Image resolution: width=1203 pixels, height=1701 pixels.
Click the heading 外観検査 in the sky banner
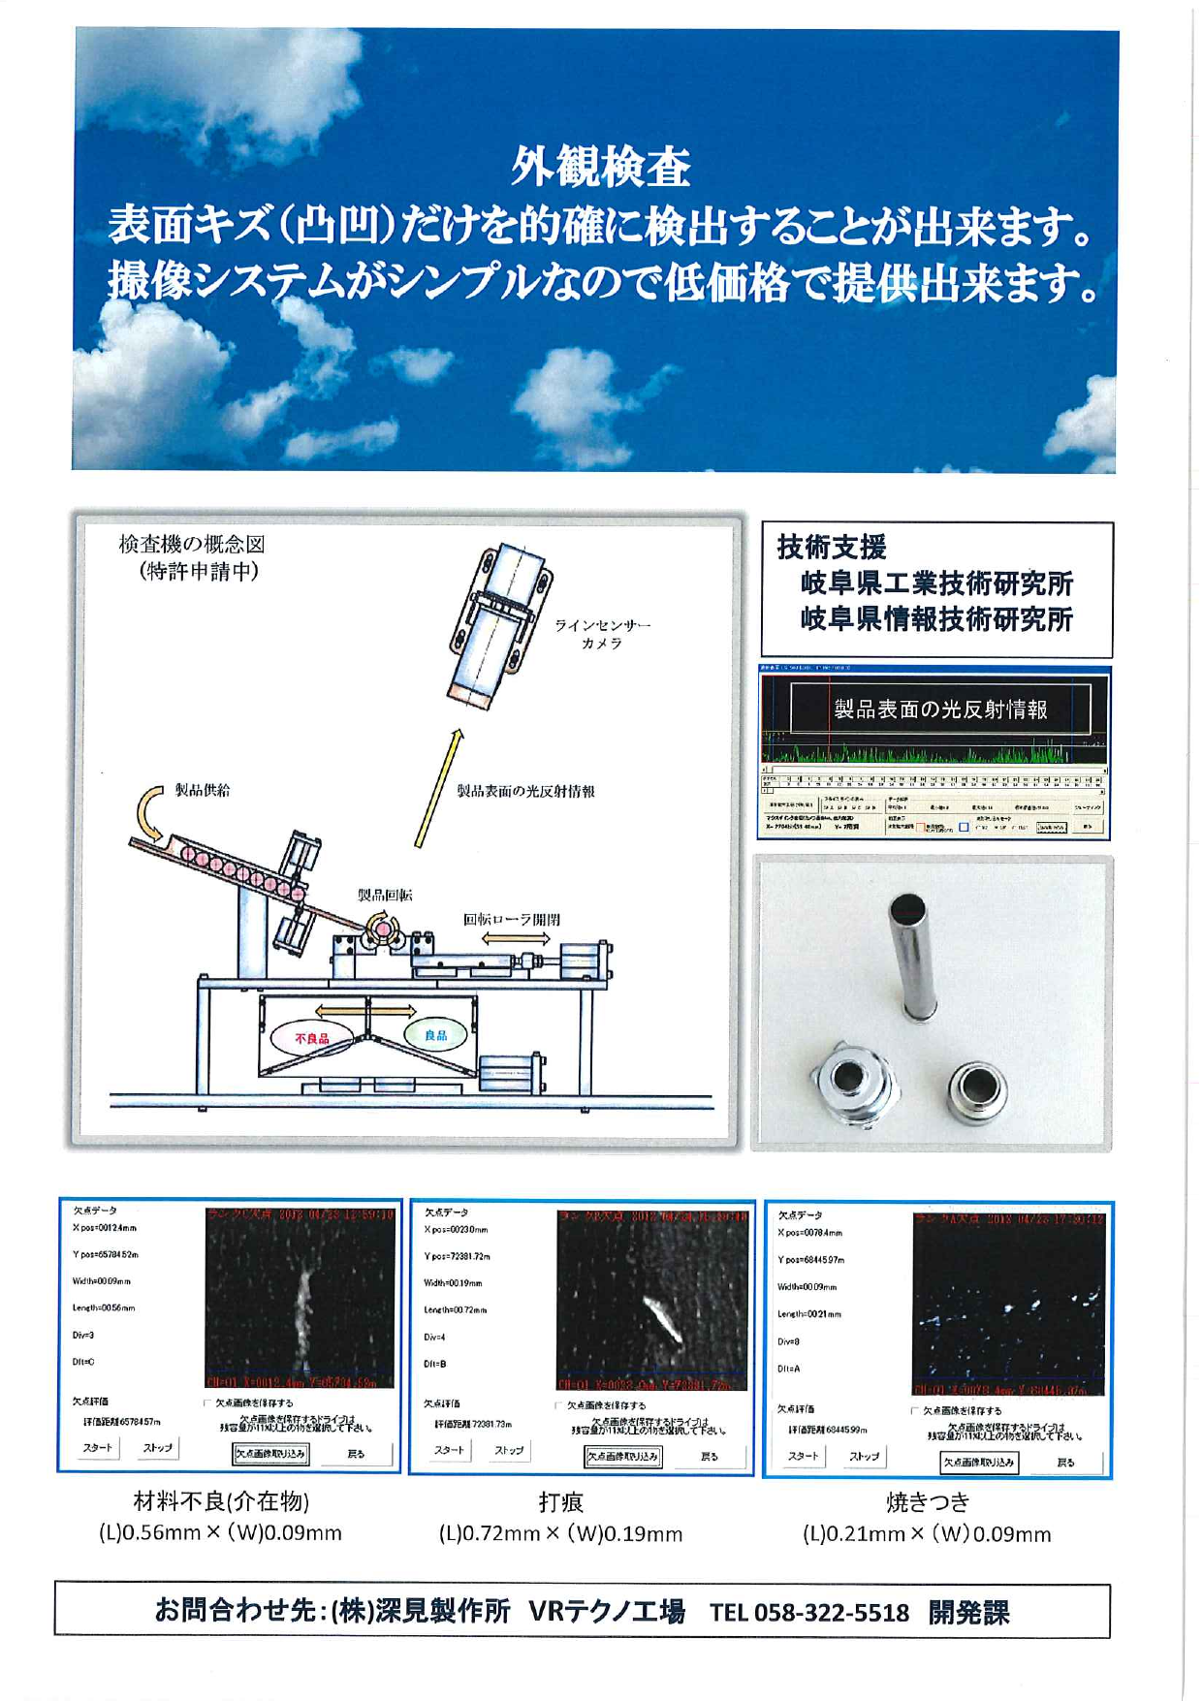click(x=600, y=167)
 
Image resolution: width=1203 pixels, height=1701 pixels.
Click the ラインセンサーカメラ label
click(x=602, y=634)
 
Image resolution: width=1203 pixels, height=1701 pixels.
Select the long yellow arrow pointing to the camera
click(x=439, y=788)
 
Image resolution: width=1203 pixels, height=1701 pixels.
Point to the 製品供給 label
click(x=202, y=790)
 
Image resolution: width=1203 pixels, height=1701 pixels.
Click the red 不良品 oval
click(x=312, y=1038)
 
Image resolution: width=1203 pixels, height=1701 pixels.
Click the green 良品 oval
click(x=435, y=1035)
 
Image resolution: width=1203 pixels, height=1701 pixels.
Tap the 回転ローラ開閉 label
click(x=511, y=919)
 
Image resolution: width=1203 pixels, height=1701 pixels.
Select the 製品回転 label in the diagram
click(x=384, y=895)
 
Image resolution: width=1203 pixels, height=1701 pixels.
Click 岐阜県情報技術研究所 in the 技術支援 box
click(x=936, y=619)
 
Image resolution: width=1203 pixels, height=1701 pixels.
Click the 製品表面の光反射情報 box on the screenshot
click(x=940, y=709)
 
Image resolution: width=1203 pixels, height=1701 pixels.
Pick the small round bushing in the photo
click(x=977, y=1089)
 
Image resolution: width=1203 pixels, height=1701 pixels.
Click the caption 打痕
click(x=560, y=1502)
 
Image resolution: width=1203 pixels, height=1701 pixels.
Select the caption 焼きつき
click(x=927, y=1502)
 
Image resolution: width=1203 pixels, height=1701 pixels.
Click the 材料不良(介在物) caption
click(x=221, y=1501)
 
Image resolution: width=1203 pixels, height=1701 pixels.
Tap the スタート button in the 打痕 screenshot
click(x=449, y=1450)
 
